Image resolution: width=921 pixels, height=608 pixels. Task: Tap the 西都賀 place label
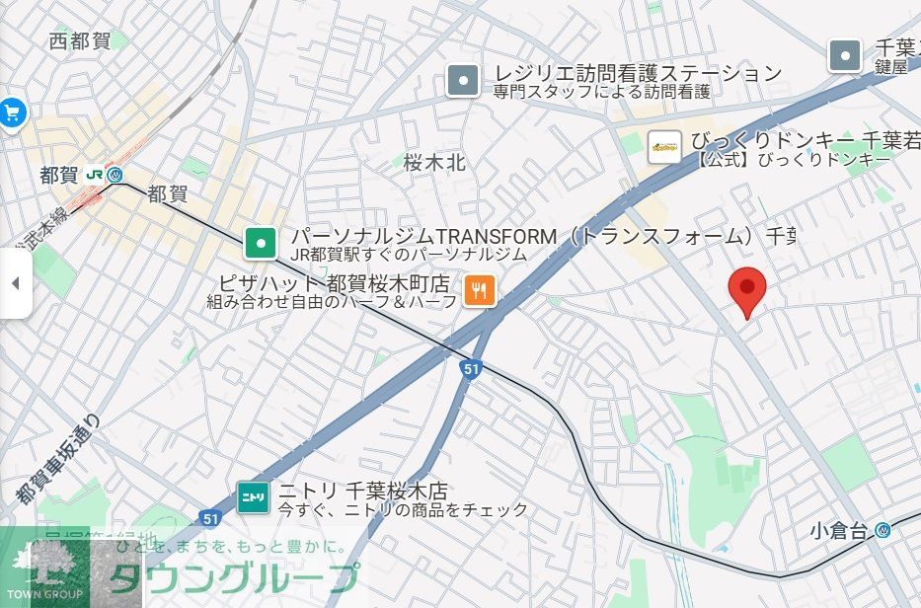point(80,41)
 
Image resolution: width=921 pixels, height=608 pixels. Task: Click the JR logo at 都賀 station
point(96,175)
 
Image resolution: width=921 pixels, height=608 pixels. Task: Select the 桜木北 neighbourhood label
point(434,163)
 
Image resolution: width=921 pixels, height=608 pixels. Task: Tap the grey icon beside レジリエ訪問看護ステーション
point(462,80)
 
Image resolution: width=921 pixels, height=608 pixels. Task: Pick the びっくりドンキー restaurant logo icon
point(664,147)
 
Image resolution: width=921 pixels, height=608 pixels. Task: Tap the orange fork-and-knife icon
point(480,289)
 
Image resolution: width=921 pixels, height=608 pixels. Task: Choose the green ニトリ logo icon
point(253,497)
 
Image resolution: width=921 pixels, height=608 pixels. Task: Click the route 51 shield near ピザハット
point(472,369)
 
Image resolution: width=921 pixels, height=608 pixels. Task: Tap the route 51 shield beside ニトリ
point(208,517)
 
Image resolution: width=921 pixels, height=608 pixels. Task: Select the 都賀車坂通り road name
point(59,460)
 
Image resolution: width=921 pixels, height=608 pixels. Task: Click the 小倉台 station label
point(839,531)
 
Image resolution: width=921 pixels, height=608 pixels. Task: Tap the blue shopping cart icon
point(12,113)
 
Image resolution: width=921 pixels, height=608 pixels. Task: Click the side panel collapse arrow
point(15,283)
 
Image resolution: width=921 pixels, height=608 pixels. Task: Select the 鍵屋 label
point(890,67)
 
